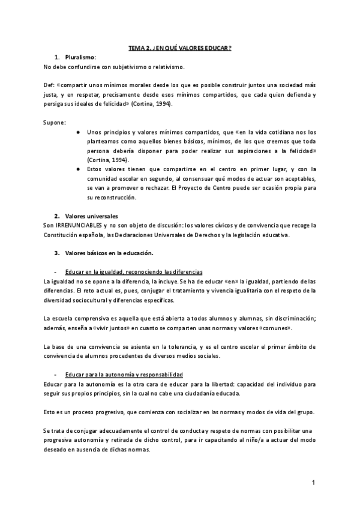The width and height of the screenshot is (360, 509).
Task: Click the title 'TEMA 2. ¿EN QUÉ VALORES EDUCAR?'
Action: (x=180, y=47)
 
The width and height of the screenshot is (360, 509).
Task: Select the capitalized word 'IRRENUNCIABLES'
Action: (x=78, y=225)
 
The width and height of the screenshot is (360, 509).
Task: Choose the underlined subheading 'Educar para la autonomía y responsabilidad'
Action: (x=119, y=375)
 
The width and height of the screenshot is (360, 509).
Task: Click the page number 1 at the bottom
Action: (x=313, y=483)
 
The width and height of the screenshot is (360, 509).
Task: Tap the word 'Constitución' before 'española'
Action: (x=63, y=235)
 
